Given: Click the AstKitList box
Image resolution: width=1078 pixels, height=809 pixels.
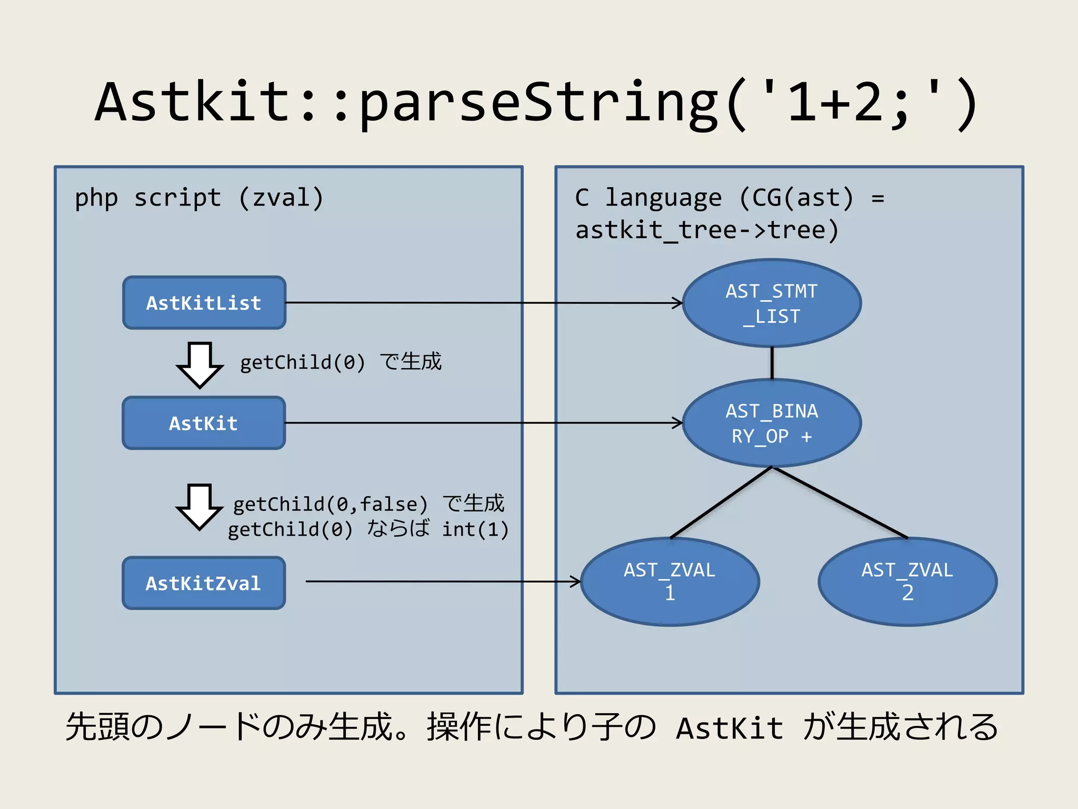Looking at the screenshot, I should [204, 303].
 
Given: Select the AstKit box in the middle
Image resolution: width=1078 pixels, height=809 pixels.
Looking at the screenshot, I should [204, 423].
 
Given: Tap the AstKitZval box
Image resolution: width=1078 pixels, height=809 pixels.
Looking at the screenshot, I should [204, 583].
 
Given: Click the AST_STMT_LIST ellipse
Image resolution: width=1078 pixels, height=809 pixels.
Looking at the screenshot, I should [772, 303].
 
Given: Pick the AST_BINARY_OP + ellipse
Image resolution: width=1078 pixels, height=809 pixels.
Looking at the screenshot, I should [772, 423].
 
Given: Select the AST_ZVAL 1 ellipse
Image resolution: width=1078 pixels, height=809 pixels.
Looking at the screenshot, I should [670, 581].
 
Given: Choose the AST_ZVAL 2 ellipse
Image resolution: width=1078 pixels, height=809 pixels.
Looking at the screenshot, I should [907, 581].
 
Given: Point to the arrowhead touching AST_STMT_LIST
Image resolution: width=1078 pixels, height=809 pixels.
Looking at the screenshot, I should [678, 303].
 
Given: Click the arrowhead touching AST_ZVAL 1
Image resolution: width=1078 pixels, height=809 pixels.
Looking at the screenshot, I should [577, 581].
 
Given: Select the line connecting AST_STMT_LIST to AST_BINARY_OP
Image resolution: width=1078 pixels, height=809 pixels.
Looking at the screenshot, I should [772, 363].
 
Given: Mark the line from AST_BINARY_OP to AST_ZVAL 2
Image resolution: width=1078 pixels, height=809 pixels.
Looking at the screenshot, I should [840, 502].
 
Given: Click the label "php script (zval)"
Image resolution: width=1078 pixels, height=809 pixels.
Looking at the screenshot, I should [199, 198].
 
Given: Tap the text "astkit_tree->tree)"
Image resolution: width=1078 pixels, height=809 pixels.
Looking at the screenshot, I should [707, 230].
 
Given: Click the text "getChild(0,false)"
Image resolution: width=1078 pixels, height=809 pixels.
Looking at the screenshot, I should [330, 504].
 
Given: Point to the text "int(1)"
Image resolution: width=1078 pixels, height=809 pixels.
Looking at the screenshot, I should [475, 529].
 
